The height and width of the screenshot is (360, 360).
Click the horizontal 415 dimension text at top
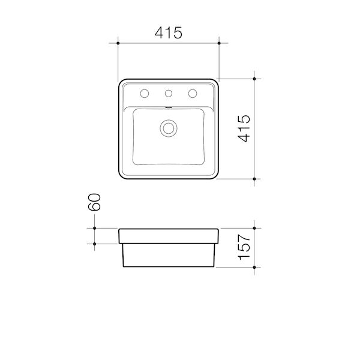coord(169,34)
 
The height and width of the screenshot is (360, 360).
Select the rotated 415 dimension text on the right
coord(243,129)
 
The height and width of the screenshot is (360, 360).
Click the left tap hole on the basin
coord(145,93)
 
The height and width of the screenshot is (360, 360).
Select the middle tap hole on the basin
coord(169,93)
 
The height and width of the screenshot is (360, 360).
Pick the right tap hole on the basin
coord(193,93)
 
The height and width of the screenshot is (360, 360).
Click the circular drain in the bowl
coord(169,127)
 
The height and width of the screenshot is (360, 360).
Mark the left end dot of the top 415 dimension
coord(118,43)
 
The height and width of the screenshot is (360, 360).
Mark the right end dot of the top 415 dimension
coord(219,43)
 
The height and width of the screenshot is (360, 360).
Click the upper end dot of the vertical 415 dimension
coord(256,79)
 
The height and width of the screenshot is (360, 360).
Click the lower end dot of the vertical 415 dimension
coord(256,179)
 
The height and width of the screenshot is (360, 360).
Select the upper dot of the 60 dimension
coord(94,228)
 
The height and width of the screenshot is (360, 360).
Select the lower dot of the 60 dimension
coord(94,243)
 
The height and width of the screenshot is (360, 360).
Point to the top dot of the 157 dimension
coord(256,228)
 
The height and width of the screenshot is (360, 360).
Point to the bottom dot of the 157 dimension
coord(256,266)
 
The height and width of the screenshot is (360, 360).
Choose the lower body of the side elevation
coord(169,255)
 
